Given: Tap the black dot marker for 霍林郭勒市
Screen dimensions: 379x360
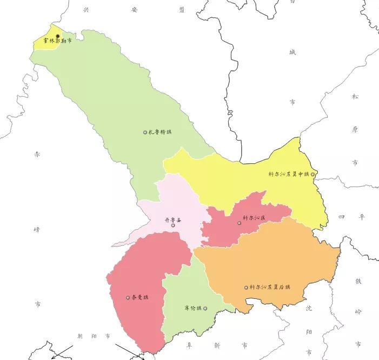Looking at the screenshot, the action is click(58, 36).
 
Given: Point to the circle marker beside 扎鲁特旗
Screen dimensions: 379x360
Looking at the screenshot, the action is click(145, 132).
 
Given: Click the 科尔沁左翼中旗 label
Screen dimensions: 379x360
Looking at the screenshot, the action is click(289, 174).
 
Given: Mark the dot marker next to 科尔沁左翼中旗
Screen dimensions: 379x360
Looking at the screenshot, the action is click(312, 174).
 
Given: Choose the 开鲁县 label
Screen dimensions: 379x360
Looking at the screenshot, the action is click(173, 219).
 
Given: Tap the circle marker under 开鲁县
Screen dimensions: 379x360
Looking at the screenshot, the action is click(173, 225).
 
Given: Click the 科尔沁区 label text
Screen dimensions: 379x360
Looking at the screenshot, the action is click(254, 218).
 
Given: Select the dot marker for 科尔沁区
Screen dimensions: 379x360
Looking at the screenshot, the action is click(239, 223).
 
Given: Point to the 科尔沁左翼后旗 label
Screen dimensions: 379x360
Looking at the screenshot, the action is click(270, 287).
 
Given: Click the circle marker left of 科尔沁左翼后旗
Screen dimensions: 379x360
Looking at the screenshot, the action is click(246, 288).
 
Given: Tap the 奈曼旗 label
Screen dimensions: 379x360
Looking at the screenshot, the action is click(140, 297).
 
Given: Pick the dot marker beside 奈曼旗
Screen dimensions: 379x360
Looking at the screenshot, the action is click(128, 297).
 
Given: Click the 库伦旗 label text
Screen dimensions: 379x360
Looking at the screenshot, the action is click(192, 308).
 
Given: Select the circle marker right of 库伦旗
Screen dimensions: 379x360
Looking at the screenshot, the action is click(205, 308).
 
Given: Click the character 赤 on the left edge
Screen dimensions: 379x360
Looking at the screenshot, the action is click(37, 154).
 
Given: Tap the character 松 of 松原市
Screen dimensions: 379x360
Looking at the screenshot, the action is click(355, 97).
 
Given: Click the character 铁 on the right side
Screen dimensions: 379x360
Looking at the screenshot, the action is click(358, 281).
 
